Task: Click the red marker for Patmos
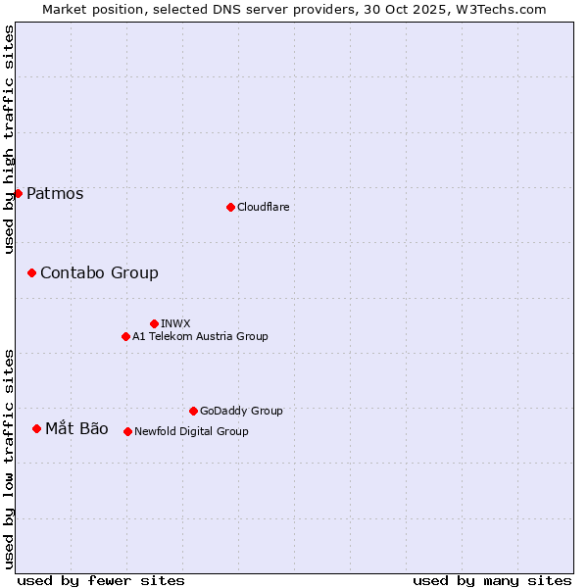tap(18, 193)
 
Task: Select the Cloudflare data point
tap(230, 207)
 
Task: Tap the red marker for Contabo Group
tap(31, 272)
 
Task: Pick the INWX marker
tap(154, 323)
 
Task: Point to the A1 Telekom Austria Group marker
tap(125, 336)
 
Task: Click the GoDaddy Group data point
tap(193, 411)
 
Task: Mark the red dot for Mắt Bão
tap(36, 428)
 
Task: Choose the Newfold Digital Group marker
tap(127, 431)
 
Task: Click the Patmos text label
tap(55, 194)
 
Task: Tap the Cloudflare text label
tap(264, 207)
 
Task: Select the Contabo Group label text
tap(99, 273)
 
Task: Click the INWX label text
tap(175, 323)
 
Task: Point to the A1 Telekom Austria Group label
tap(200, 336)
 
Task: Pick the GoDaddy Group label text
tap(241, 411)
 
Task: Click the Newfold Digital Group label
tap(191, 431)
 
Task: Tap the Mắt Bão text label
tap(76, 428)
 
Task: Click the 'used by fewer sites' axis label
tap(101, 580)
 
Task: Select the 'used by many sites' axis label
tap(492, 580)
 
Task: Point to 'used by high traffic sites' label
tap(10, 139)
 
